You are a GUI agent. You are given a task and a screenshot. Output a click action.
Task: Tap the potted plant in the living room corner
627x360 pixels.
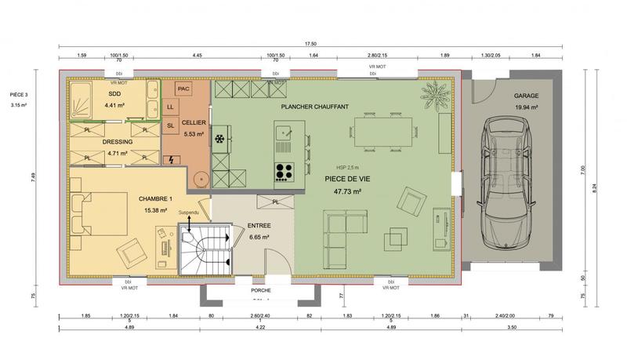tap(433, 97)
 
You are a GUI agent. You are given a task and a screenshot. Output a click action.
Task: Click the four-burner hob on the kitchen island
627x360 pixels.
tap(284, 170)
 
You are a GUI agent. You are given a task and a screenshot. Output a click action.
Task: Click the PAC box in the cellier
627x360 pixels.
tap(183, 89)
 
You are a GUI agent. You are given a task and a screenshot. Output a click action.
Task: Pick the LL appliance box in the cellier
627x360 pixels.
tap(171, 107)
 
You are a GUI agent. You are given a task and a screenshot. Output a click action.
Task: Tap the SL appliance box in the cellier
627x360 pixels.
tap(171, 125)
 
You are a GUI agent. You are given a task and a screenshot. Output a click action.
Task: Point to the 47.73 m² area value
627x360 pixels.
tap(346, 191)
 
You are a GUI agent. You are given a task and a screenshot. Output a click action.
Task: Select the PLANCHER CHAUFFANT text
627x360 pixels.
tap(315, 106)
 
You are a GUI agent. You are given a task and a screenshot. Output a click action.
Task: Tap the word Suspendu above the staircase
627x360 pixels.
tap(190, 213)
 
